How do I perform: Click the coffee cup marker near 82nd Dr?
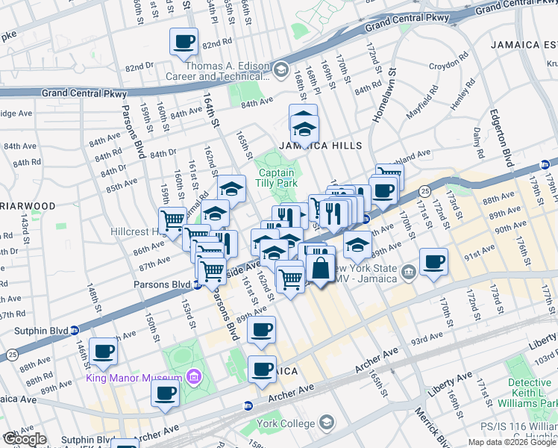point(183,42)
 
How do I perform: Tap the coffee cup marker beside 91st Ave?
point(433,262)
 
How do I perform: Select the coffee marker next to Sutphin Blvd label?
point(104,350)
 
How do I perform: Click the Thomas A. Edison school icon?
point(280,71)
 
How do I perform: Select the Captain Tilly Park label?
point(278,177)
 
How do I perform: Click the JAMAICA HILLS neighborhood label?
point(321,146)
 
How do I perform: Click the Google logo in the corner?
point(24,439)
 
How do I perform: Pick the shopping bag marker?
point(320,268)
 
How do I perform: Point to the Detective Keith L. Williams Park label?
point(533,393)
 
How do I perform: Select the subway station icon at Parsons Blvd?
point(197,284)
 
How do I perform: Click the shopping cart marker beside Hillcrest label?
point(172,220)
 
